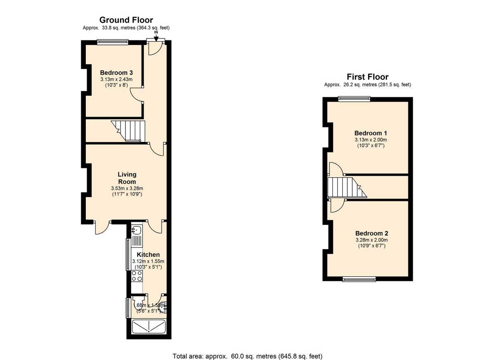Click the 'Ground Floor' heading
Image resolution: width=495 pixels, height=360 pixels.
(126, 20)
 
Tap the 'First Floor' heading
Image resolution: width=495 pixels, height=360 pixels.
(367, 77)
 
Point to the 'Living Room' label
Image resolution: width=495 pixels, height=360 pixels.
(127, 178)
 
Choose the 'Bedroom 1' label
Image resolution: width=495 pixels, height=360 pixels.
(370, 133)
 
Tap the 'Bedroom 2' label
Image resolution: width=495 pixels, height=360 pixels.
(371, 233)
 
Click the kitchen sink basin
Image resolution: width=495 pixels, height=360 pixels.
(137, 230)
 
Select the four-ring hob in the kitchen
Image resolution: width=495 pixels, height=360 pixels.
(137, 276)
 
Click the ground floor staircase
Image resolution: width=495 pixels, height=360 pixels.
(130, 131)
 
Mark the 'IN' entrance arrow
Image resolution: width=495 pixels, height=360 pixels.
(156, 36)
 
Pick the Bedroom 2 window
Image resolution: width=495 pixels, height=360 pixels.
(359, 279)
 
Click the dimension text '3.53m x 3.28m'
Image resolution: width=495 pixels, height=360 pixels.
(126, 189)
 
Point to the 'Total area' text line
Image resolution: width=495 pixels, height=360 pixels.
(247, 356)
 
